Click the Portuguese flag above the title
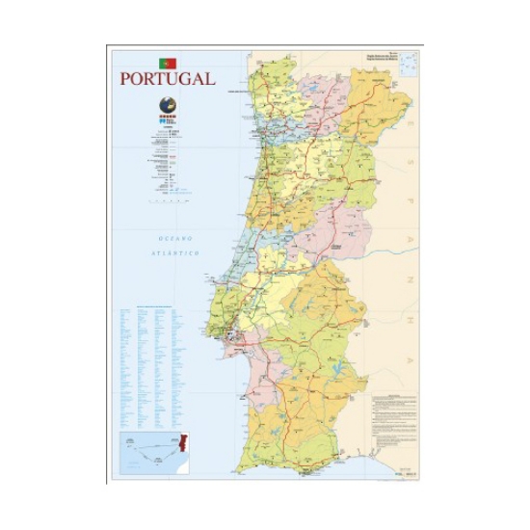pyautogui.click(x=168, y=62)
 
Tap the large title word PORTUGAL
pyautogui.click(x=168, y=79)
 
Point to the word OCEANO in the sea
pyautogui.click(x=176, y=237)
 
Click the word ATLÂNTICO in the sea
pyautogui.click(x=174, y=252)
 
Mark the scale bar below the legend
pyautogui.click(x=167, y=202)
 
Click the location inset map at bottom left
pyautogui.click(x=154, y=453)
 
